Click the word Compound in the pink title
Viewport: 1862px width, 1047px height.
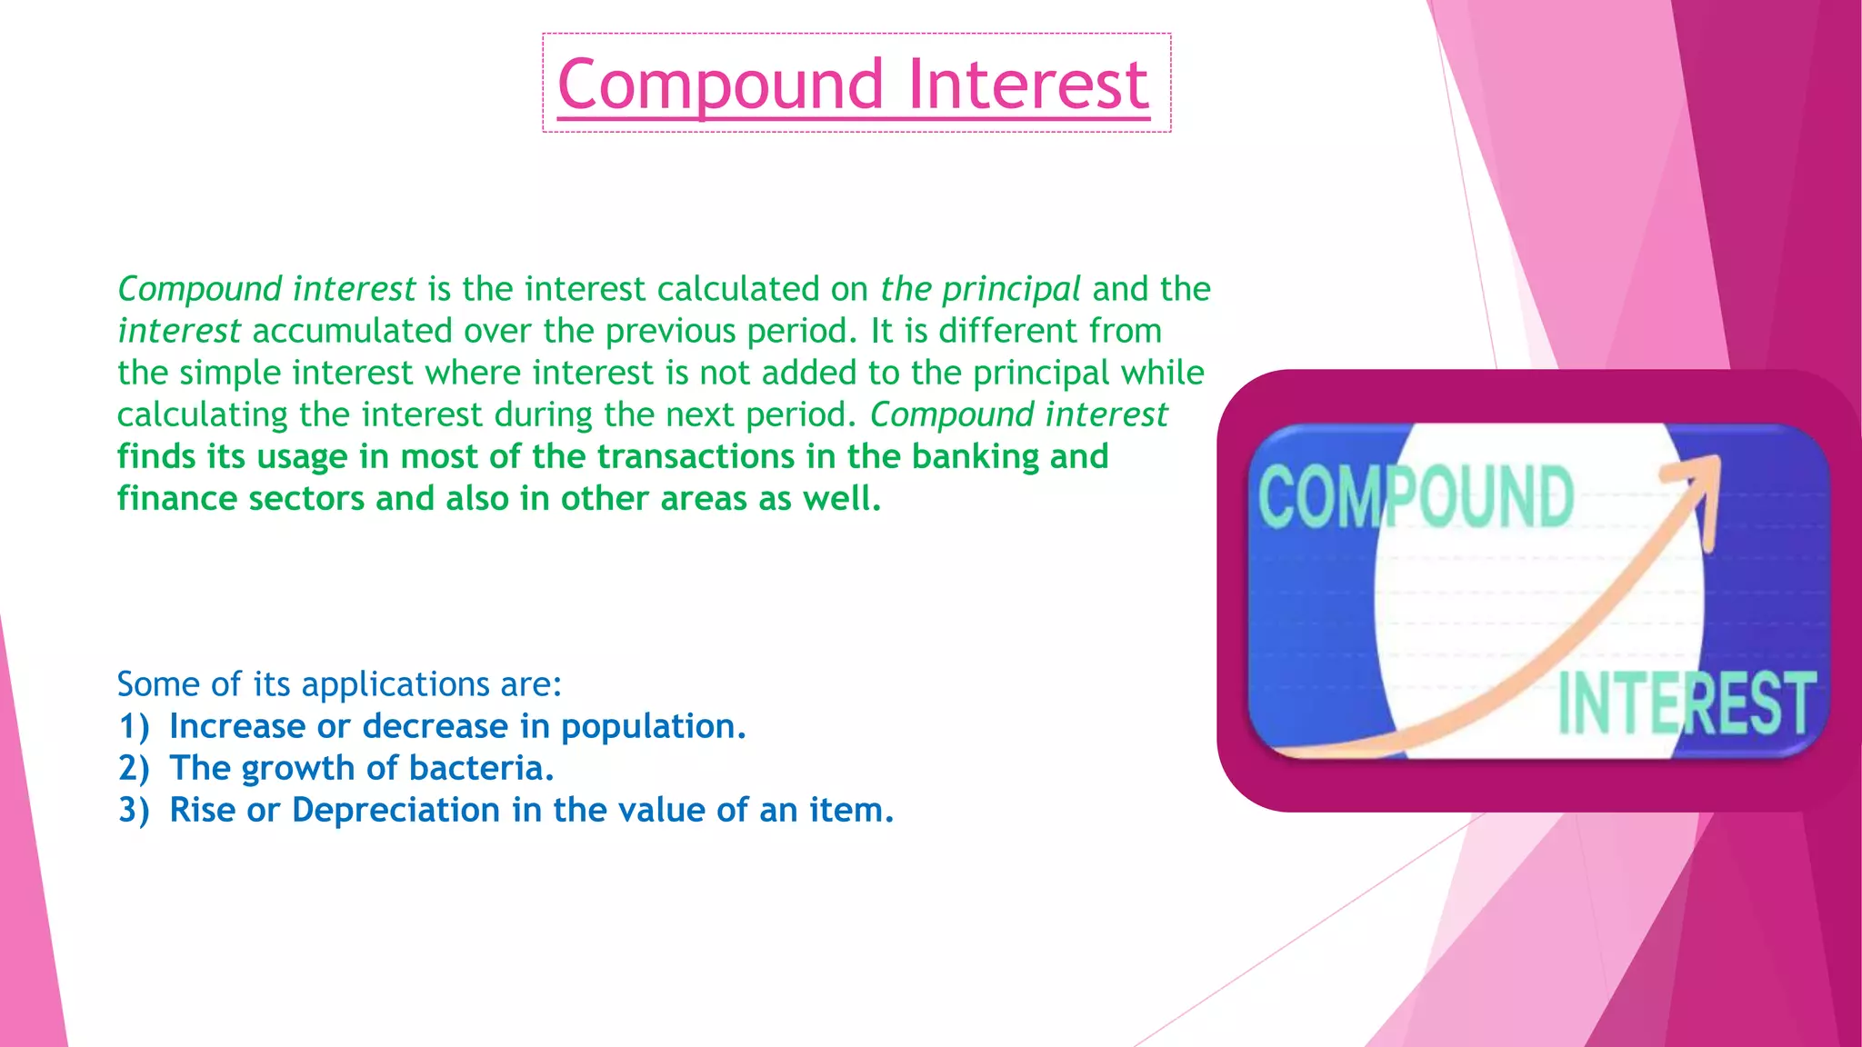click(x=720, y=85)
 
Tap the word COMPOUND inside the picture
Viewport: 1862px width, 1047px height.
click(x=1416, y=496)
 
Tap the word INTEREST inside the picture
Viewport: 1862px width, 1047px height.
click(x=1687, y=703)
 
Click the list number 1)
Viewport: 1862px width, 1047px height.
click(x=134, y=727)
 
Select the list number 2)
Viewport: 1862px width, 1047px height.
click(x=134, y=769)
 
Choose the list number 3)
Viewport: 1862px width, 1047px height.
click(x=134, y=811)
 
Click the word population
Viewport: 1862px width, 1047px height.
click(x=653, y=727)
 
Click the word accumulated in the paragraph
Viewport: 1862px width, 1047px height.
click(x=353, y=331)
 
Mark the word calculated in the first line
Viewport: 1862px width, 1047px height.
click(x=738, y=289)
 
